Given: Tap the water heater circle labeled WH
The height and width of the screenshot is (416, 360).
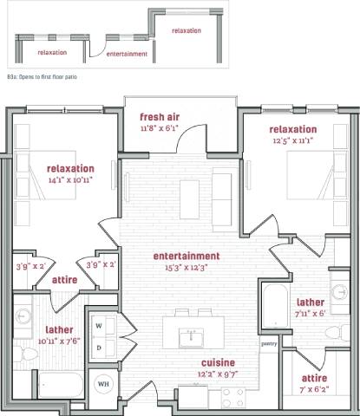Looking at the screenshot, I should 102,383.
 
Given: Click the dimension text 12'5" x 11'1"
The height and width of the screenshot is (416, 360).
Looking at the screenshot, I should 292,140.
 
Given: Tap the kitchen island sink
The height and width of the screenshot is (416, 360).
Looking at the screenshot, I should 192,334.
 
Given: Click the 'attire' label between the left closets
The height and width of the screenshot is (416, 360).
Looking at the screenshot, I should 65,280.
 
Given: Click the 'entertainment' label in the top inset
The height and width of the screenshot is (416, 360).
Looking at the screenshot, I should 126,54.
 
